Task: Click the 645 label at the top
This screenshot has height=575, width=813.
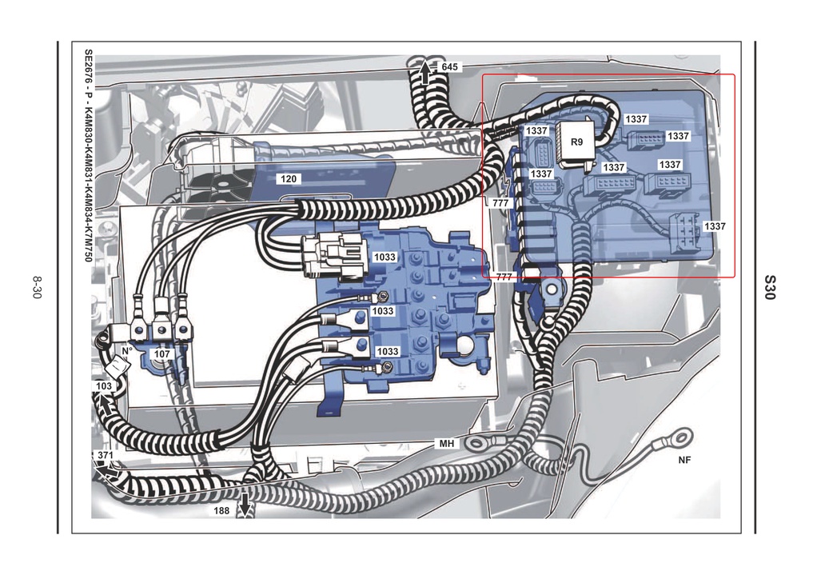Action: tap(449, 67)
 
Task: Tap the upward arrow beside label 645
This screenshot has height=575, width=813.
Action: tap(425, 73)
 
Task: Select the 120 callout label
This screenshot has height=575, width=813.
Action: tap(289, 179)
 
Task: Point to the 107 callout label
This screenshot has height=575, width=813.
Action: tap(162, 354)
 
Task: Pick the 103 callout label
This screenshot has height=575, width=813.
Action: tap(104, 386)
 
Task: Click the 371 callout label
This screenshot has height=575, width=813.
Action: tap(105, 455)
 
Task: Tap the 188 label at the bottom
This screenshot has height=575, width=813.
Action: tap(221, 511)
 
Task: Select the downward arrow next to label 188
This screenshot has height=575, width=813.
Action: tap(244, 505)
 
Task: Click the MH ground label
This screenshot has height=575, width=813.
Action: tap(446, 444)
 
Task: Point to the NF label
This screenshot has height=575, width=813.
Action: tap(684, 460)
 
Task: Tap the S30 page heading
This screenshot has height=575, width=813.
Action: tap(770, 287)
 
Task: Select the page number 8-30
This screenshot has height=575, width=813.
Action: tap(36, 287)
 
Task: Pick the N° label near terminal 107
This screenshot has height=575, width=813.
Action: tap(127, 351)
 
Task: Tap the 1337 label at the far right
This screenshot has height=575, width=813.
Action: tap(715, 226)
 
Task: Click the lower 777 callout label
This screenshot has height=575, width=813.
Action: tap(504, 278)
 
